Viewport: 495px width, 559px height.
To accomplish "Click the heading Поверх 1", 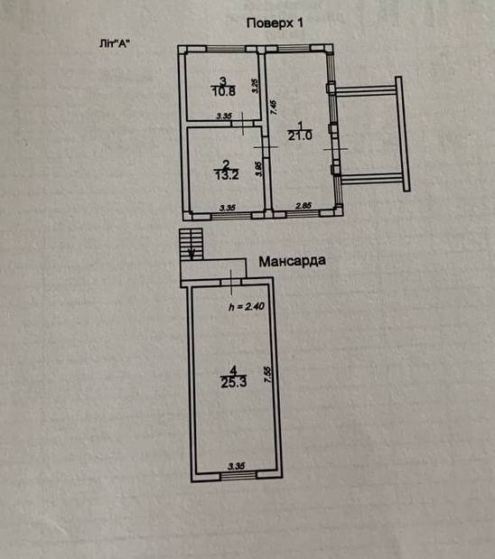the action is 275,23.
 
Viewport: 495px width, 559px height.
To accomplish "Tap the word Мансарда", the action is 292,261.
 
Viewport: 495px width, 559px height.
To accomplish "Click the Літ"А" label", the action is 114,44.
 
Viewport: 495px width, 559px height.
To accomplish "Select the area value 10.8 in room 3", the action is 224,91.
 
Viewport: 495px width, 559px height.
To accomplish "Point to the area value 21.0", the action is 300,135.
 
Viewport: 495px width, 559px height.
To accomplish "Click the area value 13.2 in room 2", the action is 227,175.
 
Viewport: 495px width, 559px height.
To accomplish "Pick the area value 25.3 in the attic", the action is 234,383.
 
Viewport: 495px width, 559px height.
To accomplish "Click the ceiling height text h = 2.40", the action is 247,306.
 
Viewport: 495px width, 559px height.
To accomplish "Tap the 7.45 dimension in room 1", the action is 274,107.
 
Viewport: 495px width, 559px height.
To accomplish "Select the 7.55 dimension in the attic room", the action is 268,375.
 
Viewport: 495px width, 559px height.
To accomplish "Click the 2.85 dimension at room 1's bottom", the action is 304,206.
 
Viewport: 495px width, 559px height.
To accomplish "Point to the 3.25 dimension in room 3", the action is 256,86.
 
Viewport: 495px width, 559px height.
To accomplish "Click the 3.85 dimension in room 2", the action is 259,169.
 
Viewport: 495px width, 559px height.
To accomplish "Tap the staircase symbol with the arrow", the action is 191,244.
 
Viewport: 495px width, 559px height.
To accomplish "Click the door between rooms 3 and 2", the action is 242,124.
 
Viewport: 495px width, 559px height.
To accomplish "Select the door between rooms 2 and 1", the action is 266,146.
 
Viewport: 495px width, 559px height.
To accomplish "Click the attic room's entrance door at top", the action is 231,283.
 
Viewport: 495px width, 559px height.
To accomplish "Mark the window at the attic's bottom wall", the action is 238,476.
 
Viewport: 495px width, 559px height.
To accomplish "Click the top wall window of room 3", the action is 226,49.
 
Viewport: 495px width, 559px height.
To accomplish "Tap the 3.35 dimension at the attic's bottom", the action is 237,466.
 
